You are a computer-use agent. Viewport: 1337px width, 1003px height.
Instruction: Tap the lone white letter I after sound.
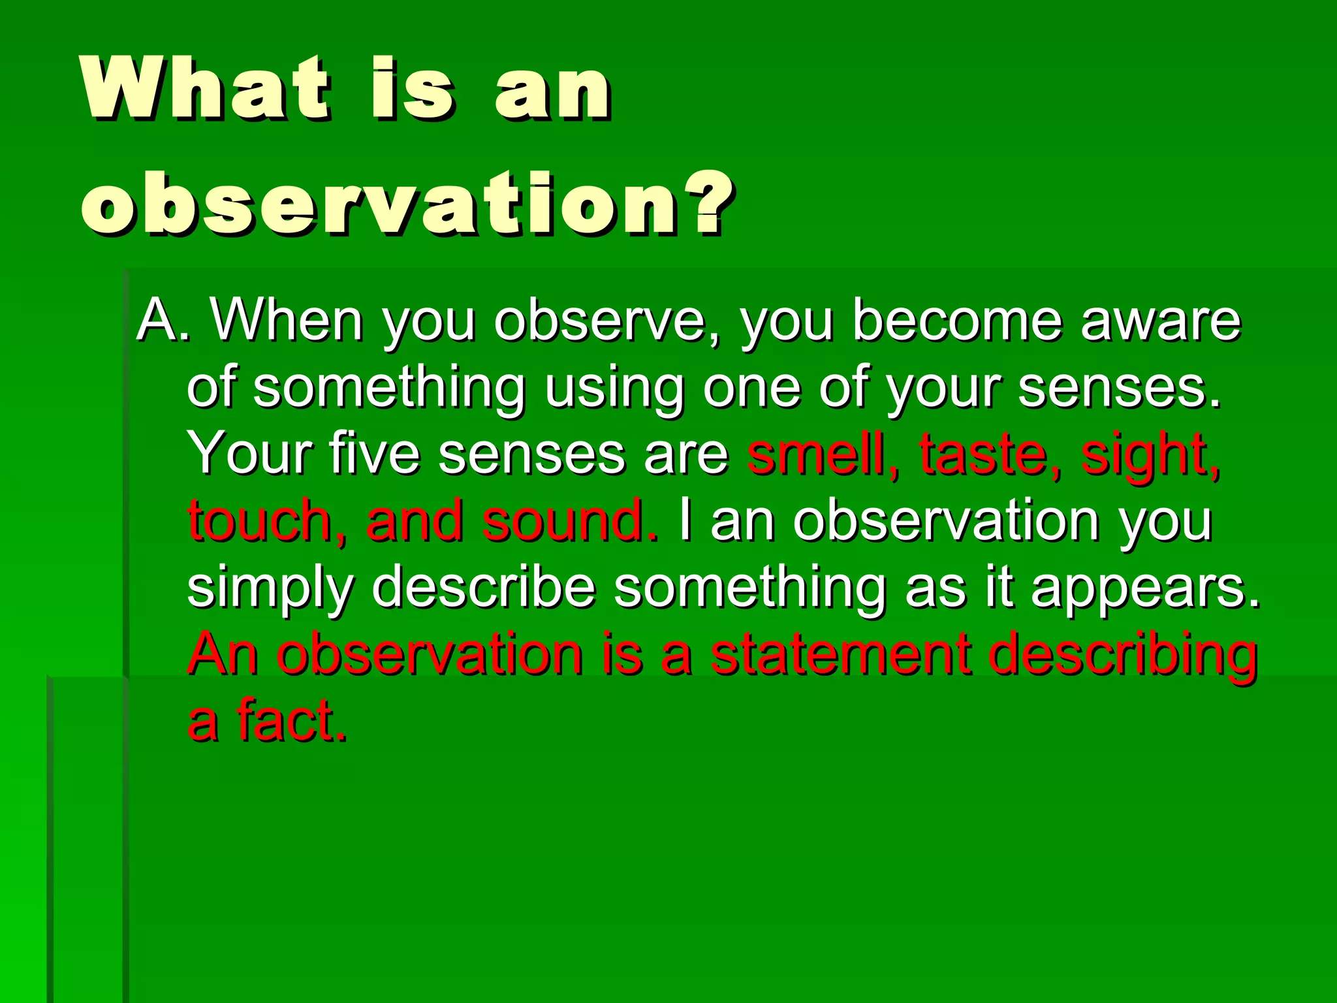point(684,520)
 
